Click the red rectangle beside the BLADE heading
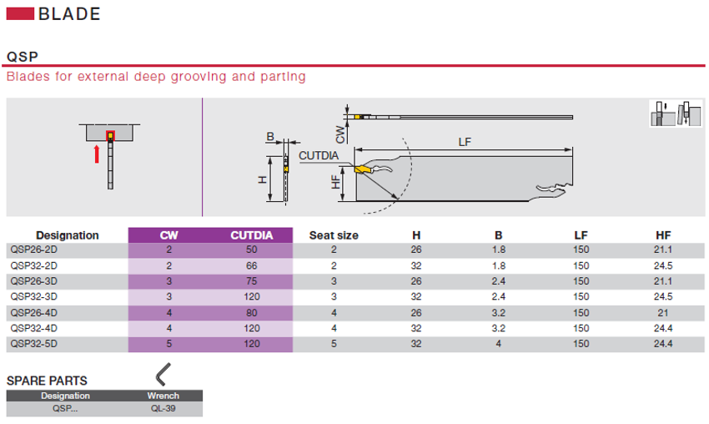click(20, 14)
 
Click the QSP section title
click(22, 57)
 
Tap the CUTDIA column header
click(251, 235)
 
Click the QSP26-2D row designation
click(33, 250)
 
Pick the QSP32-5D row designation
click(33, 343)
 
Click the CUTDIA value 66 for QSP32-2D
click(251, 265)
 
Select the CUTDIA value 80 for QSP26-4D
click(251, 312)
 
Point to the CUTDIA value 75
click(251, 280)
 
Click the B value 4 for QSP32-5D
click(499, 343)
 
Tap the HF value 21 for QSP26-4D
click(663, 312)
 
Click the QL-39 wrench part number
click(163, 409)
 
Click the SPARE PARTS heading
click(47, 381)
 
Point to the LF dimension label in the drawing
click(465, 143)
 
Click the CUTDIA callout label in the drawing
click(318, 155)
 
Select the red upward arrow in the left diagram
click(98, 154)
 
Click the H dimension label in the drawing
click(261, 179)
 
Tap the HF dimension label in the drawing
click(336, 181)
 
